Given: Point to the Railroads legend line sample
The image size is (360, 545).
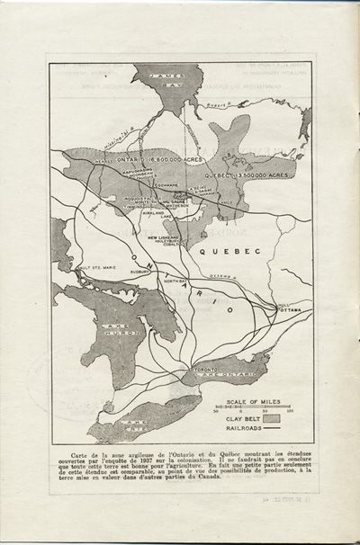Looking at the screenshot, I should tap(279, 430).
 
